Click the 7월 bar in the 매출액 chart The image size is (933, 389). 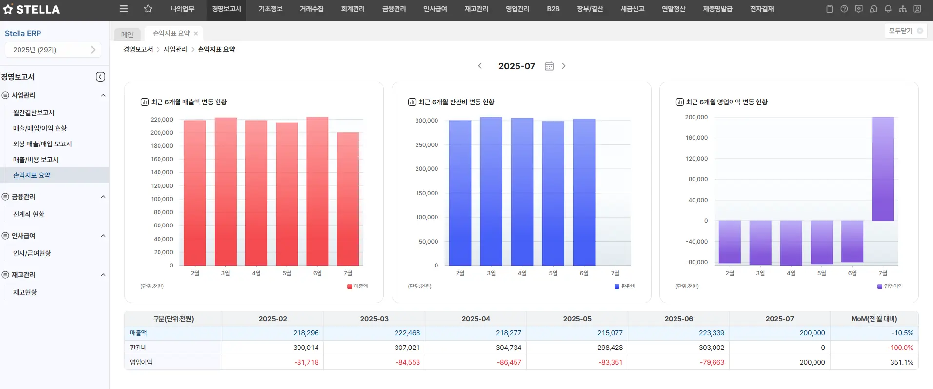(348, 199)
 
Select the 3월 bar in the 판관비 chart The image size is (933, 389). (491, 191)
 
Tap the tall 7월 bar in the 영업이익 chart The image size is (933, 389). (883, 168)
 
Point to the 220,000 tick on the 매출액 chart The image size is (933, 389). (161, 120)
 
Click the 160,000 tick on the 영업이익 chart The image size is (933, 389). (696, 138)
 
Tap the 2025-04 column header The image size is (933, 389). (476, 319)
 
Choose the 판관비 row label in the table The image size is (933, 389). (139, 348)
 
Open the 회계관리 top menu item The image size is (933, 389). (353, 9)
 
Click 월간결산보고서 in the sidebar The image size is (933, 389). (34, 113)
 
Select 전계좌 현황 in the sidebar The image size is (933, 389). (29, 214)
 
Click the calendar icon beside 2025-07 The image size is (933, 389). (549, 66)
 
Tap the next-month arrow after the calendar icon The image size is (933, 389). (564, 66)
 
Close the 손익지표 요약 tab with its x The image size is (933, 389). (196, 34)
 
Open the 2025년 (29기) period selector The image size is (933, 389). (53, 50)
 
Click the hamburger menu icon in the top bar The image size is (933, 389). (124, 9)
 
